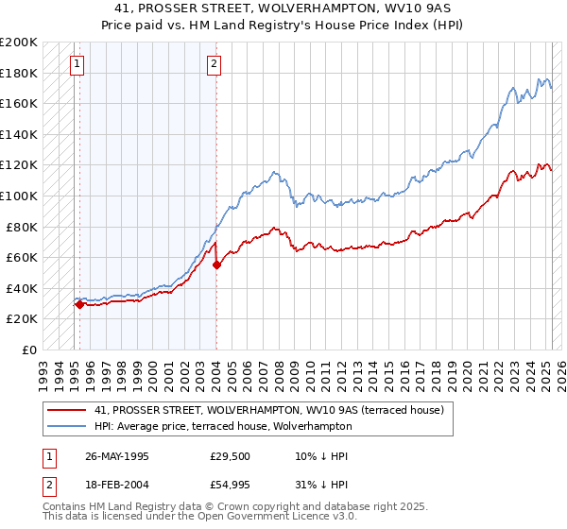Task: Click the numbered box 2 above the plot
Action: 215,64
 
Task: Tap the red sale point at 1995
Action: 80,304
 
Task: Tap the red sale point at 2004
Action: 216,265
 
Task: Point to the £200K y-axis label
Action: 19,43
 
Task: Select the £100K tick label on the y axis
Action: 19,196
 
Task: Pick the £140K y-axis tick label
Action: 19,134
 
